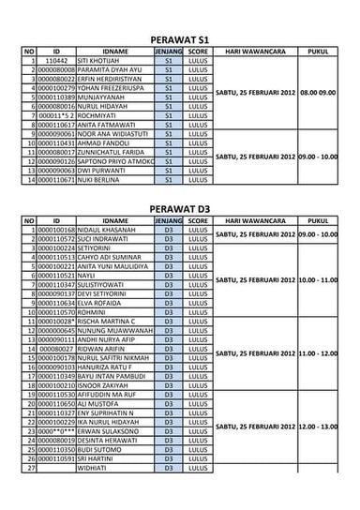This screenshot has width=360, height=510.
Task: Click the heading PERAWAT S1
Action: point(179,38)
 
